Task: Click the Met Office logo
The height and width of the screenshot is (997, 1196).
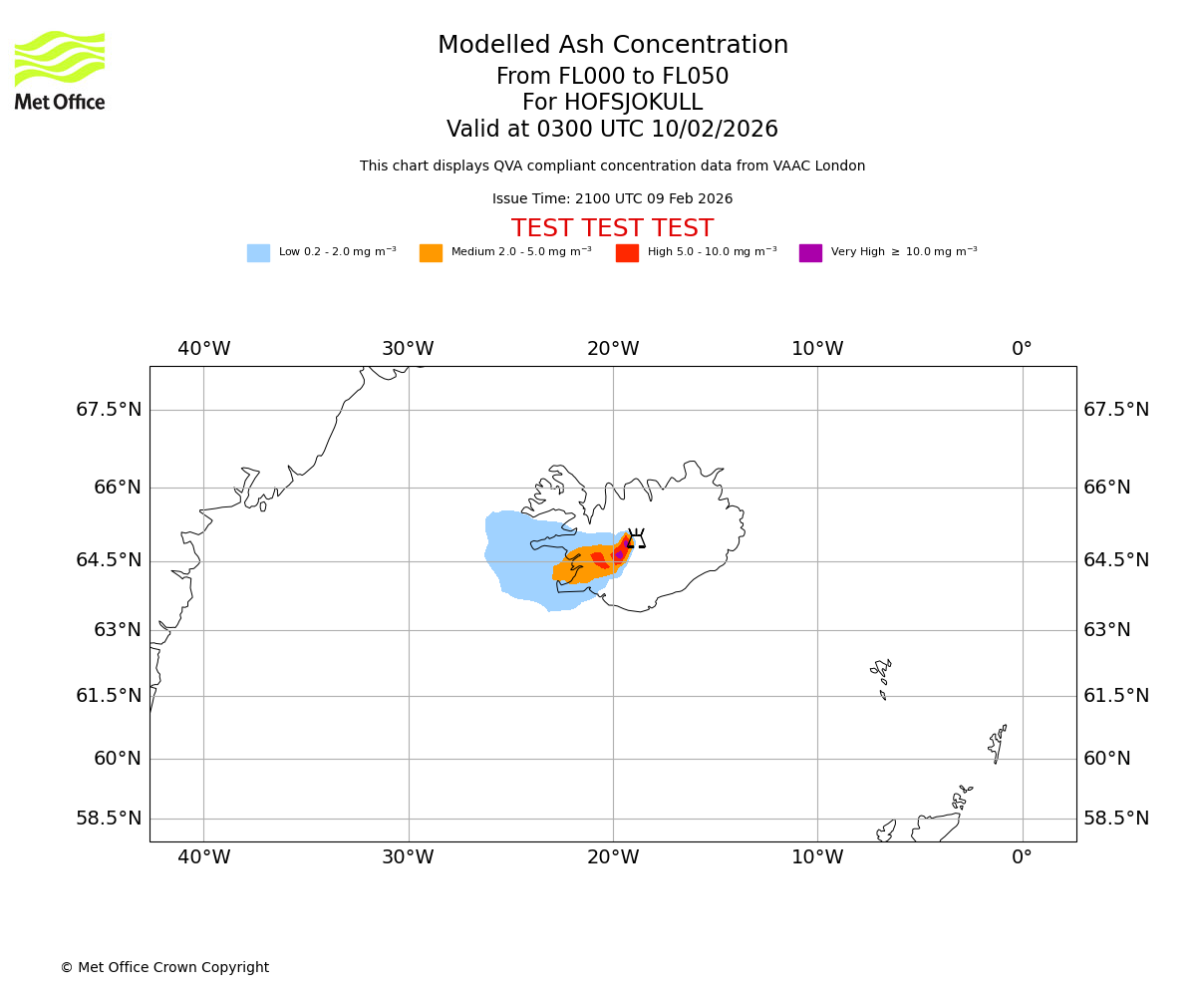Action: (60, 70)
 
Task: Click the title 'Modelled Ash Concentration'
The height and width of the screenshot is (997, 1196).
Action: (613, 46)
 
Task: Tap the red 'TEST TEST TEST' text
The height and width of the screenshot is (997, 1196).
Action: (612, 229)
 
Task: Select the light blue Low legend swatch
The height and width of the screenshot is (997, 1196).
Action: (258, 253)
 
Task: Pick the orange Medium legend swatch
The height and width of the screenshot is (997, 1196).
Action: (431, 253)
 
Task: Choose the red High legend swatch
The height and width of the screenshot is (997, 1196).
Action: (627, 253)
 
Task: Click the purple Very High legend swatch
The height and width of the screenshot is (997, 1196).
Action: (810, 253)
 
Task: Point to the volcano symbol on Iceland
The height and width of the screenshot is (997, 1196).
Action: (636, 539)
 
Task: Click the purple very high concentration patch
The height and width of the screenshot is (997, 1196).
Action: (619, 554)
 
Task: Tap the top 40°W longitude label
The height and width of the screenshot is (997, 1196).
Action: (204, 350)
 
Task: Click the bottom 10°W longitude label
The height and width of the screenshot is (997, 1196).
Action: (817, 857)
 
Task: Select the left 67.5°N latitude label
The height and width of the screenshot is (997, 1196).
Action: (109, 410)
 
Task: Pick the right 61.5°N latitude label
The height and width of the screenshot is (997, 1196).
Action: (1116, 696)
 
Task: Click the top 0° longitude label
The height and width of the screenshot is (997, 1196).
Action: (1022, 350)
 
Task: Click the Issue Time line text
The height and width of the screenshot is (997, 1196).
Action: (612, 199)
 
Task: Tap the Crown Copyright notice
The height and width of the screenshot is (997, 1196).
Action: (164, 968)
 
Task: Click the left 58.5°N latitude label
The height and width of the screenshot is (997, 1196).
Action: (109, 819)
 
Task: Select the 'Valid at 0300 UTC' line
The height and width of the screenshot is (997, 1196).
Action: (612, 130)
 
